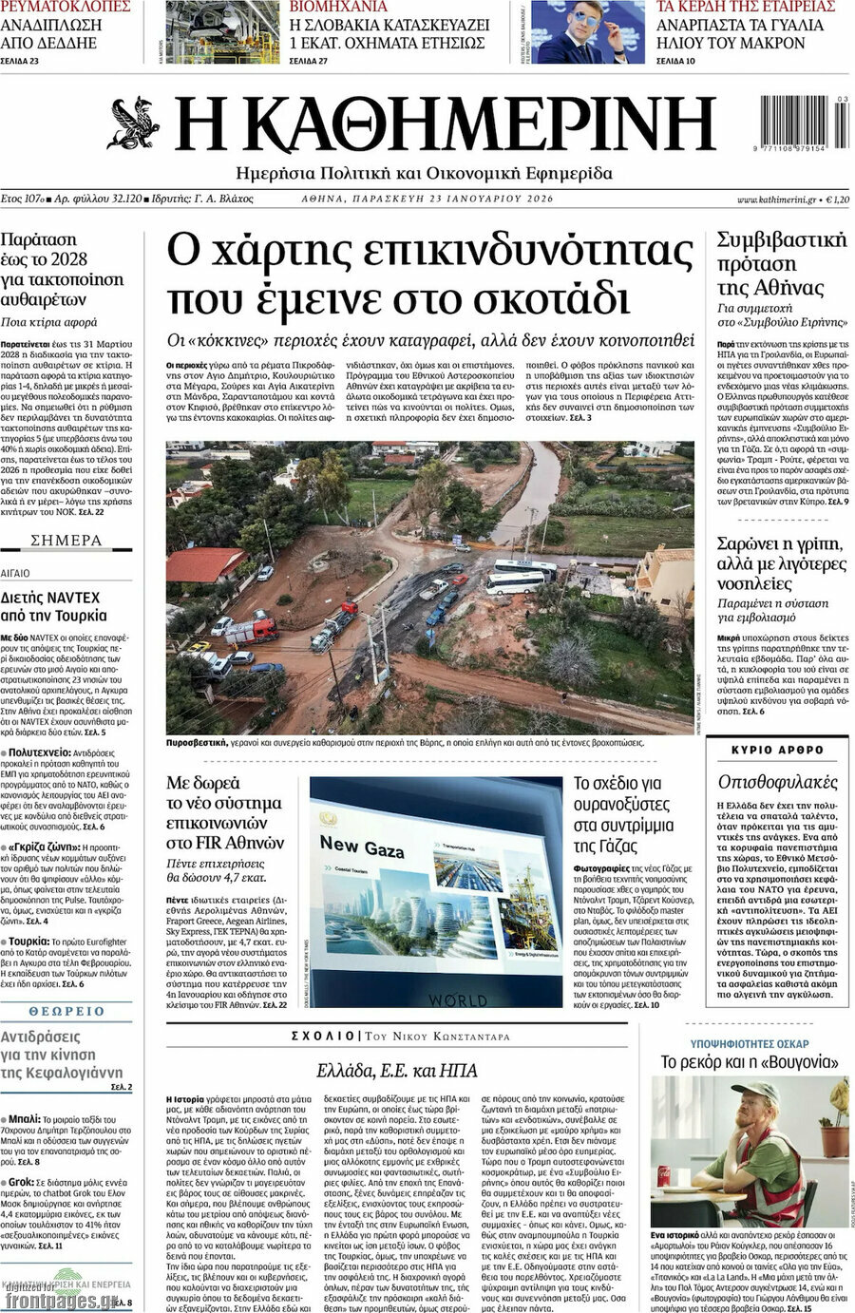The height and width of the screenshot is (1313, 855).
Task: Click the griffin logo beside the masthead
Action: point(134,124)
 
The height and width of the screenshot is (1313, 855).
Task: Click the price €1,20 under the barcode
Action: point(836,200)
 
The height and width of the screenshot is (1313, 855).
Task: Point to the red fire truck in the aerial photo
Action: point(252,629)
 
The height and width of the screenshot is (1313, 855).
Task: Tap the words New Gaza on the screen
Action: point(362,845)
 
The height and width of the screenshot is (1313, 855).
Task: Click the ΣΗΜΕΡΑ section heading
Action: point(66,541)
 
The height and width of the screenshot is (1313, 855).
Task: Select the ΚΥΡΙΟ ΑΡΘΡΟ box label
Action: point(778,750)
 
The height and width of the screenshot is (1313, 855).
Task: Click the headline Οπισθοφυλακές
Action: point(778,782)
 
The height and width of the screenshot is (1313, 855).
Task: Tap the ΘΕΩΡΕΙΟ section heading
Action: point(66,1011)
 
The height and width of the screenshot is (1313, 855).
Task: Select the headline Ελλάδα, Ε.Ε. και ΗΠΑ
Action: point(397,1069)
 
